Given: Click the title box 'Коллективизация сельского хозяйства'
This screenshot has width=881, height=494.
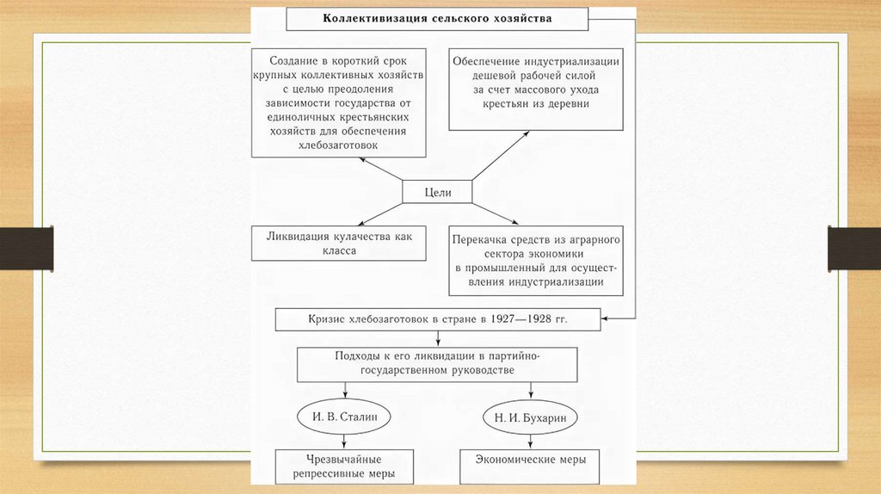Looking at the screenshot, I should tap(437, 18).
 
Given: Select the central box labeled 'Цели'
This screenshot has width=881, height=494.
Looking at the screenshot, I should tap(437, 191).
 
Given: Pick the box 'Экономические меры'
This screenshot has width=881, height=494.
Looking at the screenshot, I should tap(530, 460).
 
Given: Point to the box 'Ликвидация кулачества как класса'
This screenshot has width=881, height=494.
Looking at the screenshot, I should tap(338, 244).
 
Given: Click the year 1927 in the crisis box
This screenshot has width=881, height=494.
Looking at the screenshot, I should tap(500, 320).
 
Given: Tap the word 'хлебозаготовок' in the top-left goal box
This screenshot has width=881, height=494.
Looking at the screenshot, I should tap(338, 147).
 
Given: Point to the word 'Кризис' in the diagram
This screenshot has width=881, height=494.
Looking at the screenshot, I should tap(328, 320).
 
